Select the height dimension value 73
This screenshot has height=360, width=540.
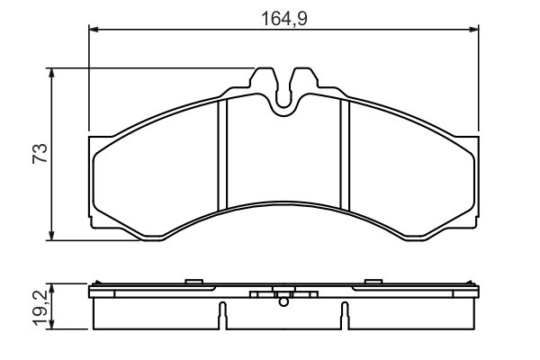coord(38,153)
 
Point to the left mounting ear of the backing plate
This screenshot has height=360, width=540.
coord(92,180)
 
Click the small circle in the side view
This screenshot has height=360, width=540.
coord(283,302)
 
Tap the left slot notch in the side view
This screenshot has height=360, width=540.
coord(220,315)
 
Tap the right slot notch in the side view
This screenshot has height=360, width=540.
coord(344,315)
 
